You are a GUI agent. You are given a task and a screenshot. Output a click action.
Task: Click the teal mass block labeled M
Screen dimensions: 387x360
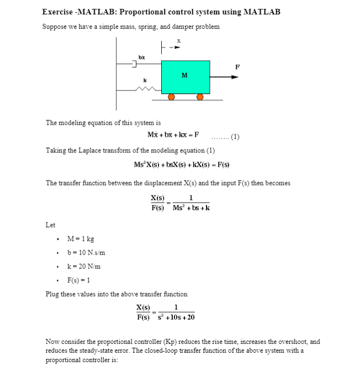click(186, 77)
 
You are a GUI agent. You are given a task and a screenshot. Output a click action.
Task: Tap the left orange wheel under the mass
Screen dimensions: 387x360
click(171, 97)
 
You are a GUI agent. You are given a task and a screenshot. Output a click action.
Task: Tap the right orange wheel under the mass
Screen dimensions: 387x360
click(200, 97)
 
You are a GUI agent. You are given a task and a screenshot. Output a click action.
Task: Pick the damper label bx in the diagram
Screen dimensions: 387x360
click(141, 57)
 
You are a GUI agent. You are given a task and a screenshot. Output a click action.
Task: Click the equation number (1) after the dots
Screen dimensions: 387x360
click(234, 136)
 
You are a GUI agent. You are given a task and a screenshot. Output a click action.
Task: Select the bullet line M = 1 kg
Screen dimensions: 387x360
click(80, 239)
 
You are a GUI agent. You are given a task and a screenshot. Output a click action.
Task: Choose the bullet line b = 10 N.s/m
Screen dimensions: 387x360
click(86, 253)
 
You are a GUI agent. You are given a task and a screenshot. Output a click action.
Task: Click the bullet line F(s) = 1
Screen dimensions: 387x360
click(81, 280)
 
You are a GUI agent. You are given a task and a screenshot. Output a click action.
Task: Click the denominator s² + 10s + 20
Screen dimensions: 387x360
click(176, 317)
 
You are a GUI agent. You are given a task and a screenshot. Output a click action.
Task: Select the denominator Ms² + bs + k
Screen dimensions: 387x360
click(190, 208)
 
